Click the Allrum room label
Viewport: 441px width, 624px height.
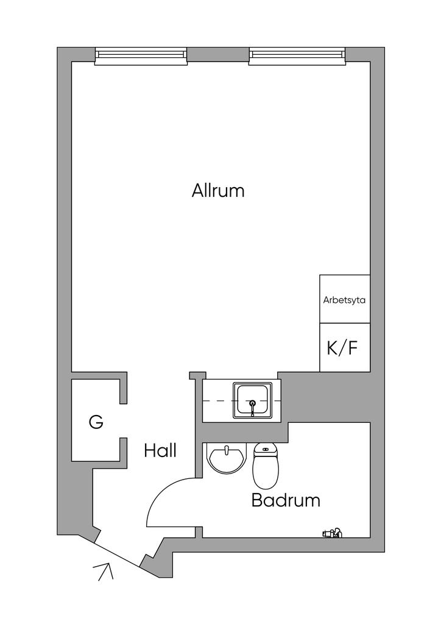pos(218,191)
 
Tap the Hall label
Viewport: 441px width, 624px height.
pos(160,450)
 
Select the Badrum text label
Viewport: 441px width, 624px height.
pos(286,500)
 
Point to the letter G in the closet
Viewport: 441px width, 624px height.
pos(96,422)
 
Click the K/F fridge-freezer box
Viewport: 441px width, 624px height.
pos(345,347)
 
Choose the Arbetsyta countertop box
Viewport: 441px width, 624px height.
pos(345,299)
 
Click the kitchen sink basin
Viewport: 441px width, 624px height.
pos(253,400)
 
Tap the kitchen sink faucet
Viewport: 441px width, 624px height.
pos(252,407)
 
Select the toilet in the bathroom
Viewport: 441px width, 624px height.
pos(266,466)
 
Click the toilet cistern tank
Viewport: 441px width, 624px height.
pos(266,449)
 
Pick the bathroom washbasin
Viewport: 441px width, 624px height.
pos(226,458)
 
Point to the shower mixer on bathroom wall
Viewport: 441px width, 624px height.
pos(332,533)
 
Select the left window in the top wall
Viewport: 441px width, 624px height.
pos(141,56)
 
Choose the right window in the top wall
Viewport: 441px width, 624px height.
pos(297,56)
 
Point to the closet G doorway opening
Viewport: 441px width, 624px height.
pos(123,421)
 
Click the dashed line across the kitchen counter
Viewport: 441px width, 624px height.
pos(242,400)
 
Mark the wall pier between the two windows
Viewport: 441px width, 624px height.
pos(218,54)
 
